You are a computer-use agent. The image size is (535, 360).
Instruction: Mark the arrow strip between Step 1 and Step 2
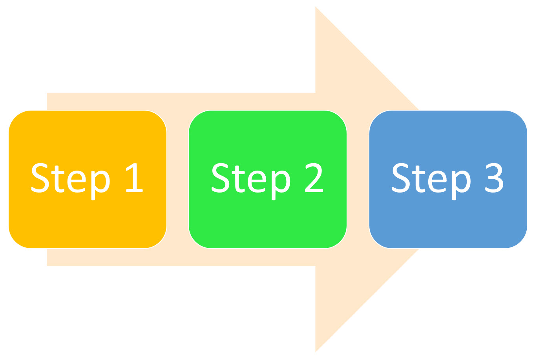coord(178,179)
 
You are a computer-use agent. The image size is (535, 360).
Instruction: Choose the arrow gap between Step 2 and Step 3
coord(358,179)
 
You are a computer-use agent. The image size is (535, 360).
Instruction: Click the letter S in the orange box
coord(40,178)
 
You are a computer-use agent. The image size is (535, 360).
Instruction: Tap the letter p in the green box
coord(281,183)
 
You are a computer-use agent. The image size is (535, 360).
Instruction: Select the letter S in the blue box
coord(401,178)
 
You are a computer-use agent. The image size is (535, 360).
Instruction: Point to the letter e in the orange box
coord(77,182)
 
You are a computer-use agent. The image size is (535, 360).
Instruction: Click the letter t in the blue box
coord(418,179)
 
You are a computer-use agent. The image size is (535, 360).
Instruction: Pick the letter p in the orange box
coord(100,183)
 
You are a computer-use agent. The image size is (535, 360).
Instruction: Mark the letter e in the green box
coord(257,182)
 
